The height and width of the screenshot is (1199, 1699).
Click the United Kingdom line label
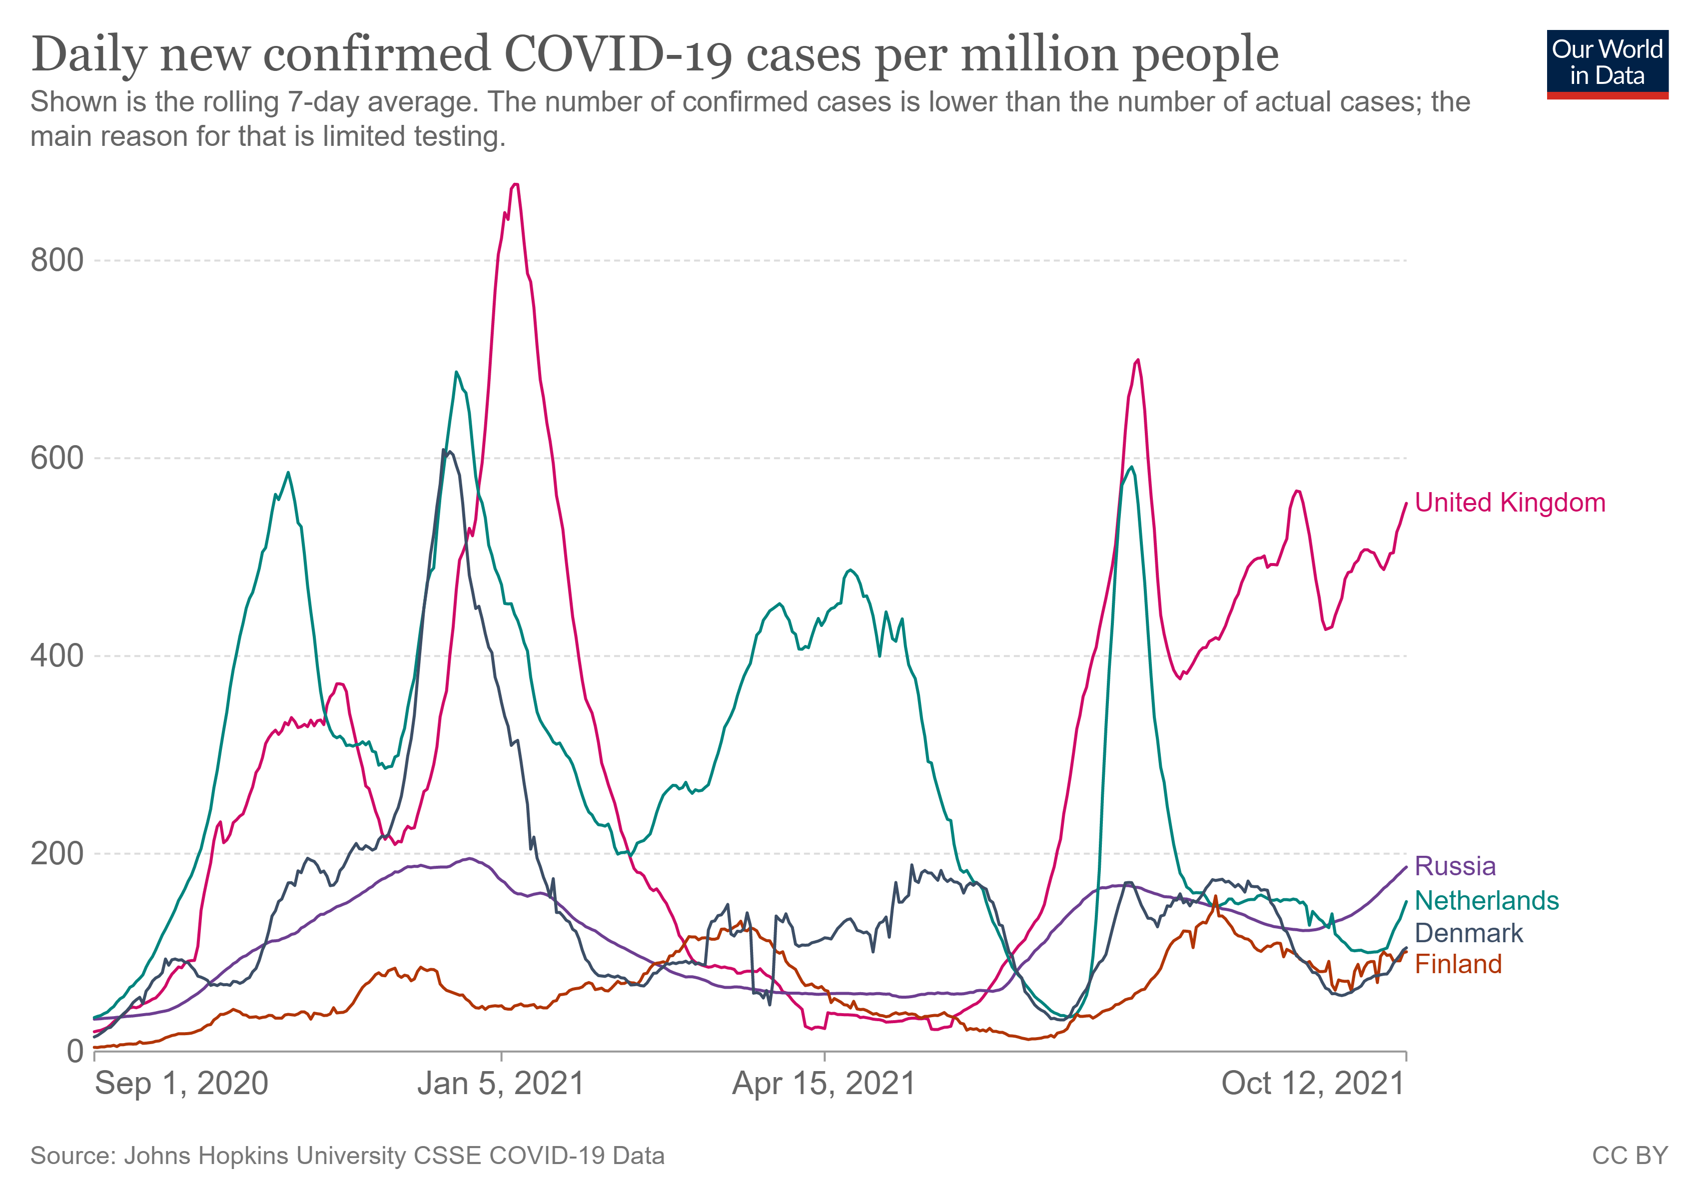click(x=1510, y=503)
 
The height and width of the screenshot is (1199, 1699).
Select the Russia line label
click(x=1455, y=866)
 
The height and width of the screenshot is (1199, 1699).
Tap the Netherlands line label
click(x=1487, y=900)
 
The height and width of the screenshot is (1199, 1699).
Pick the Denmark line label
click(x=1469, y=933)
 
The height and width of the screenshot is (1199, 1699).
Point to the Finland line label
click(x=1458, y=965)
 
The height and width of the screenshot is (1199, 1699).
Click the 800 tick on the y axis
click(x=57, y=260)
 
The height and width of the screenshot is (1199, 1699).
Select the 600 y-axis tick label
click(x=57, y=458)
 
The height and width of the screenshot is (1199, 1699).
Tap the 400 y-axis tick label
click(x=57, y=655)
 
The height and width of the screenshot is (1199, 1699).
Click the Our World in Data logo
click(x=1607, y=63)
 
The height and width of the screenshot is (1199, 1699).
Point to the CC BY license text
click(x=1630, y=1156)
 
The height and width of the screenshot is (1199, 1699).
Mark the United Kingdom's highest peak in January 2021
click(x=515, y=184)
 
